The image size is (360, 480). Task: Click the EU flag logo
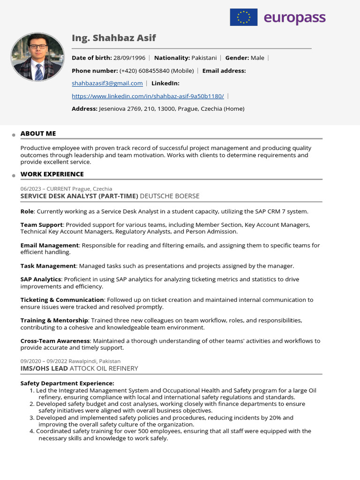pyautogui.click(x=243, y=17)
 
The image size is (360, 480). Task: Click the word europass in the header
pyautogui.click(x=294, y=18)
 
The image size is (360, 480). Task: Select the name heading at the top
pyautogui.click(x=114, y=38)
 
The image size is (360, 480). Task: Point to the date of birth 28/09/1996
pyautogui.click(x=129, y=58)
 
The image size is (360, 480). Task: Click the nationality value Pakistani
pyautogui.click(x=204, y=58)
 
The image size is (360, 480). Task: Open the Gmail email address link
pyautogui.click(x=107, y=83)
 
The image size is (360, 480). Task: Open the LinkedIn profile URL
pyautogui.click(x=148, y=96)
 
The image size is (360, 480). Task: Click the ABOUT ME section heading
pyautogui.click(x=38, y=134)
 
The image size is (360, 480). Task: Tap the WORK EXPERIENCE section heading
pyautogui.click(x=52, y=174)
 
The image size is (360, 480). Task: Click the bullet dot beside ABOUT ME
pyautogui.click(x=14, y=135)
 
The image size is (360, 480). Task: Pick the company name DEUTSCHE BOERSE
pyautogui.click(x=170, y=196)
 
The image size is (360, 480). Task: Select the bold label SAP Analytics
pyautogui.click(x=41, y=279)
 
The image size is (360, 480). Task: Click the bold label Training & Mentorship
pyautogui.click(x=54, y=320)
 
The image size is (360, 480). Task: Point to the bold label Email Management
pyautogui.click(x=49, y=245)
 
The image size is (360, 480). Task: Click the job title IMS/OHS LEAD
pyautogui.click(x=44, y=368)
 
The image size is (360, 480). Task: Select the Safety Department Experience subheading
pyautogui.click(x=67, y=383)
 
